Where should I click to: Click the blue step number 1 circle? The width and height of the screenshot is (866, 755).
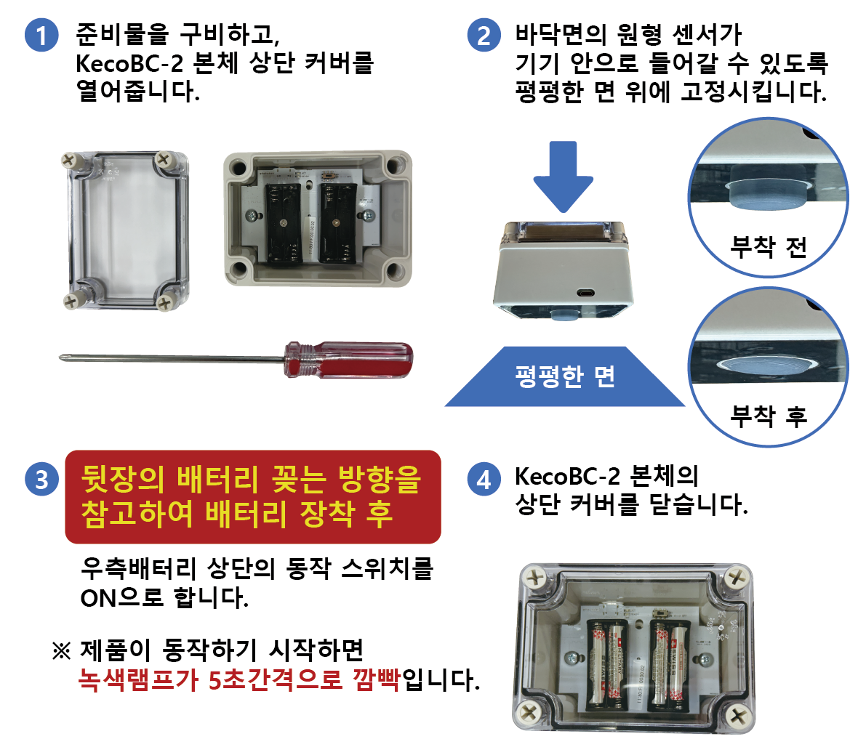point(41,35)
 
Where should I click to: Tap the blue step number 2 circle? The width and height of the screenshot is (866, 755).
point(484,35)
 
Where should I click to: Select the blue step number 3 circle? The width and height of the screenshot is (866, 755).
point(41,480)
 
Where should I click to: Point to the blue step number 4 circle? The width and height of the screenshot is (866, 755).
point(484,480)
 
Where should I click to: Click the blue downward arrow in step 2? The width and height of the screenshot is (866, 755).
point(563,175)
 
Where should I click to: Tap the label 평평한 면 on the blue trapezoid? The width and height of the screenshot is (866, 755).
point(564,376)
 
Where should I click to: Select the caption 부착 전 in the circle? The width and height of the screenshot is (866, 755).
point(768,247)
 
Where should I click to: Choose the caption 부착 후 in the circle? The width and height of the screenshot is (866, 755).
point(768,416)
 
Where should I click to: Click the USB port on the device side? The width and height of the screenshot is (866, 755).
point(584,293)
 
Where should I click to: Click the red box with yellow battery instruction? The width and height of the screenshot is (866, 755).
point(253,497)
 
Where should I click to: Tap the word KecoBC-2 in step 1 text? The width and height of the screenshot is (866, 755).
point(129,64)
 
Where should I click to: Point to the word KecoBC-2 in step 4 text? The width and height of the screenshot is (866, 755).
point(567,477)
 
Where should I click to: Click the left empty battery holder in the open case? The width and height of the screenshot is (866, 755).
point(283,222)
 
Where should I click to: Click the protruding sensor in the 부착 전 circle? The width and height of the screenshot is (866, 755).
point(766,193)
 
